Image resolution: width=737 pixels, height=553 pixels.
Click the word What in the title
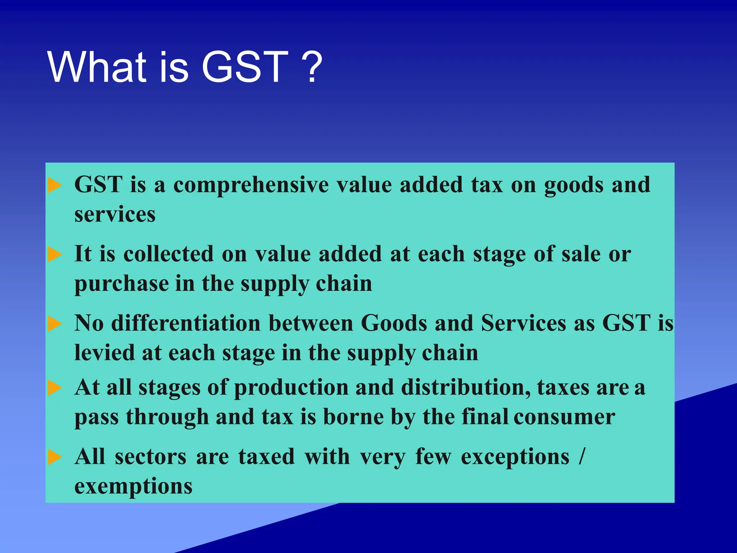tap(97, 67)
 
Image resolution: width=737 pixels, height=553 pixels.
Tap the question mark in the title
tap(311, 67)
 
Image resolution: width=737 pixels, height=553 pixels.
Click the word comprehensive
tap(251, 185)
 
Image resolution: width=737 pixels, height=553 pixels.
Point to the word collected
tap(169, 254)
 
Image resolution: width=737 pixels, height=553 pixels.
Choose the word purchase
tap(122, 284)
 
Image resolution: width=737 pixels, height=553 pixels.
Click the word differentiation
tap(186, 323)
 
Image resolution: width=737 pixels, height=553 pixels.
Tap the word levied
tap(104, 352)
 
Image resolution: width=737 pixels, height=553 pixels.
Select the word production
tap(291, 388)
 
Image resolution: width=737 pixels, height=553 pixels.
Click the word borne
tap(353, 418)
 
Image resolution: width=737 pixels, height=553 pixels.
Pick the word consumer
tap(564, 418)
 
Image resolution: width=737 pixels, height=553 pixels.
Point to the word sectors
tap(150, 457)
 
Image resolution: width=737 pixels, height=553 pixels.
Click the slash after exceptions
tap(582, 457)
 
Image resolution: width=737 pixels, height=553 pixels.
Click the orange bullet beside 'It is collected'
tap(55, 255)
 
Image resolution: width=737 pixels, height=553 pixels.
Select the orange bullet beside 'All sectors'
tap(55, 457)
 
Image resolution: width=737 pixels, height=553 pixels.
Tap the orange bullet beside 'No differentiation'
tap(55, 323)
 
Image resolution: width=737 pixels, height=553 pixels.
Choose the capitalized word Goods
tap(394, 323)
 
